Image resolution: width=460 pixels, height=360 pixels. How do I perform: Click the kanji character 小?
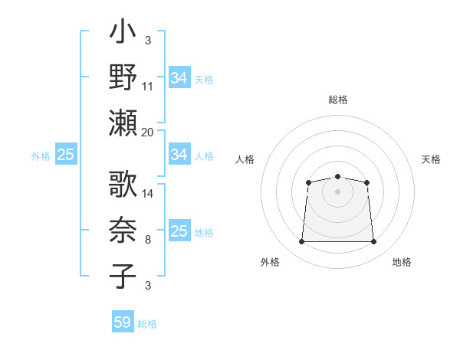(123, 35)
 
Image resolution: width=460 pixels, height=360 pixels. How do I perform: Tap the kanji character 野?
(123, 77)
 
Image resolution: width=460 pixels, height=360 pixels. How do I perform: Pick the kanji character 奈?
(123, 231)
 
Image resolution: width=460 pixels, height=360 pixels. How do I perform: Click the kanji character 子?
(123, 275)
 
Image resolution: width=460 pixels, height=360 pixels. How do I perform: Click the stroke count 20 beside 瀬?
(148, 132)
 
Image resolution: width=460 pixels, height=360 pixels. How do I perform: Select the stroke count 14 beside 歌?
(148, 194)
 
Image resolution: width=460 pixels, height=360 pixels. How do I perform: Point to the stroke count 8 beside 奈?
(148, 241)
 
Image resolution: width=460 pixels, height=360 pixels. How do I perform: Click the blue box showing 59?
(123, 322)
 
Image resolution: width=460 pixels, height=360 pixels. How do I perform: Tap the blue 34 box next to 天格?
(179, 78)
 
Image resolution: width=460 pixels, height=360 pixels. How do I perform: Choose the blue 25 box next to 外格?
(65, 155)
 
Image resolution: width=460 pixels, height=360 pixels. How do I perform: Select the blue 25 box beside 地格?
(179, 231)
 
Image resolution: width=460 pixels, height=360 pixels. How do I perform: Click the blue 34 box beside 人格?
(179, 155)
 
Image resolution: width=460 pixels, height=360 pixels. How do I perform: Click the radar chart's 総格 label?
(338, 100)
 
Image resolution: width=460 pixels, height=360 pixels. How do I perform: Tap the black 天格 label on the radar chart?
(432, 159)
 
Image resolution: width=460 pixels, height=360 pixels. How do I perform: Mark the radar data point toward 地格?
(374, 242)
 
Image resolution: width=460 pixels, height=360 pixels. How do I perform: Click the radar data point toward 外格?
(301, 242)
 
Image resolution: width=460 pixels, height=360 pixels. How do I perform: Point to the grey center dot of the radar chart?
(337, 191)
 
